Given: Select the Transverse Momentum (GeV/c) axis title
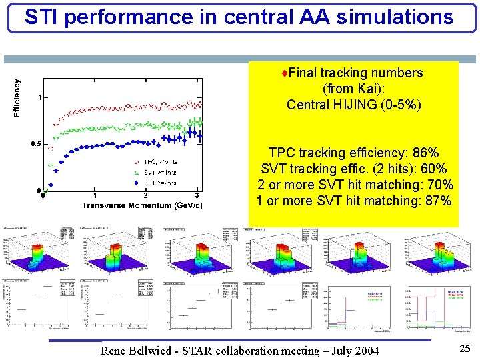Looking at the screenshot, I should (143, 205).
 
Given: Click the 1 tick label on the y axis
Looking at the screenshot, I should (40, 97).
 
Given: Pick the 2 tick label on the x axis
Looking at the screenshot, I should (145, 195).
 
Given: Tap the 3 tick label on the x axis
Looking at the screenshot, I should (197, 195).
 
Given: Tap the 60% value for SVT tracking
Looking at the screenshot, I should (433, 169).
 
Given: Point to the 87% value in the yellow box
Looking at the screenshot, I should (438, 201).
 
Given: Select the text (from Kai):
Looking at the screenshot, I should (353, 89).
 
